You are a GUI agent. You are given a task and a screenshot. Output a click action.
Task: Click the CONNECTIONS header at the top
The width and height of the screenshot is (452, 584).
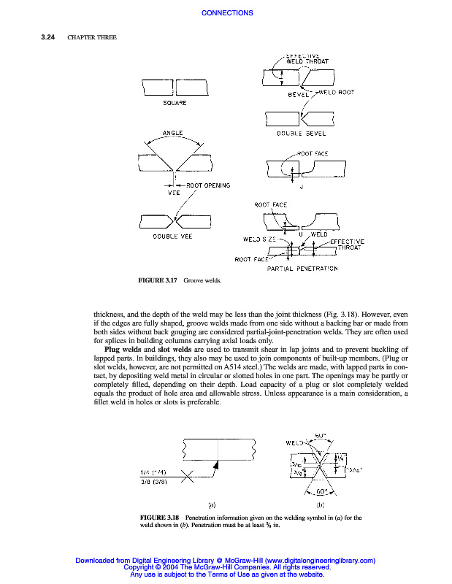pos(226,13)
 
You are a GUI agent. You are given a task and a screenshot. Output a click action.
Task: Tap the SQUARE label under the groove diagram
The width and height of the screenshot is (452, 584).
pos(175,104)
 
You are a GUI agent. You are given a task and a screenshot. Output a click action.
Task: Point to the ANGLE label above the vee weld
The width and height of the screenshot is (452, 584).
pos(172,134)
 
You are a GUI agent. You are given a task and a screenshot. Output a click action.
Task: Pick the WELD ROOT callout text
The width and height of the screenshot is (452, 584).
pos(337,92)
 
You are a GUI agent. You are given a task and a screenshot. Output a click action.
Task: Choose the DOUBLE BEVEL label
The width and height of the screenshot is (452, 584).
pos(299,134)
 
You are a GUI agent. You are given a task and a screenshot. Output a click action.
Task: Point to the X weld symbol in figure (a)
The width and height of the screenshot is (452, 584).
pos(187,477)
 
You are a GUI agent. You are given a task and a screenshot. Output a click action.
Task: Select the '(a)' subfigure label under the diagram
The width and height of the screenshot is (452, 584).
pos(212,504)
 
